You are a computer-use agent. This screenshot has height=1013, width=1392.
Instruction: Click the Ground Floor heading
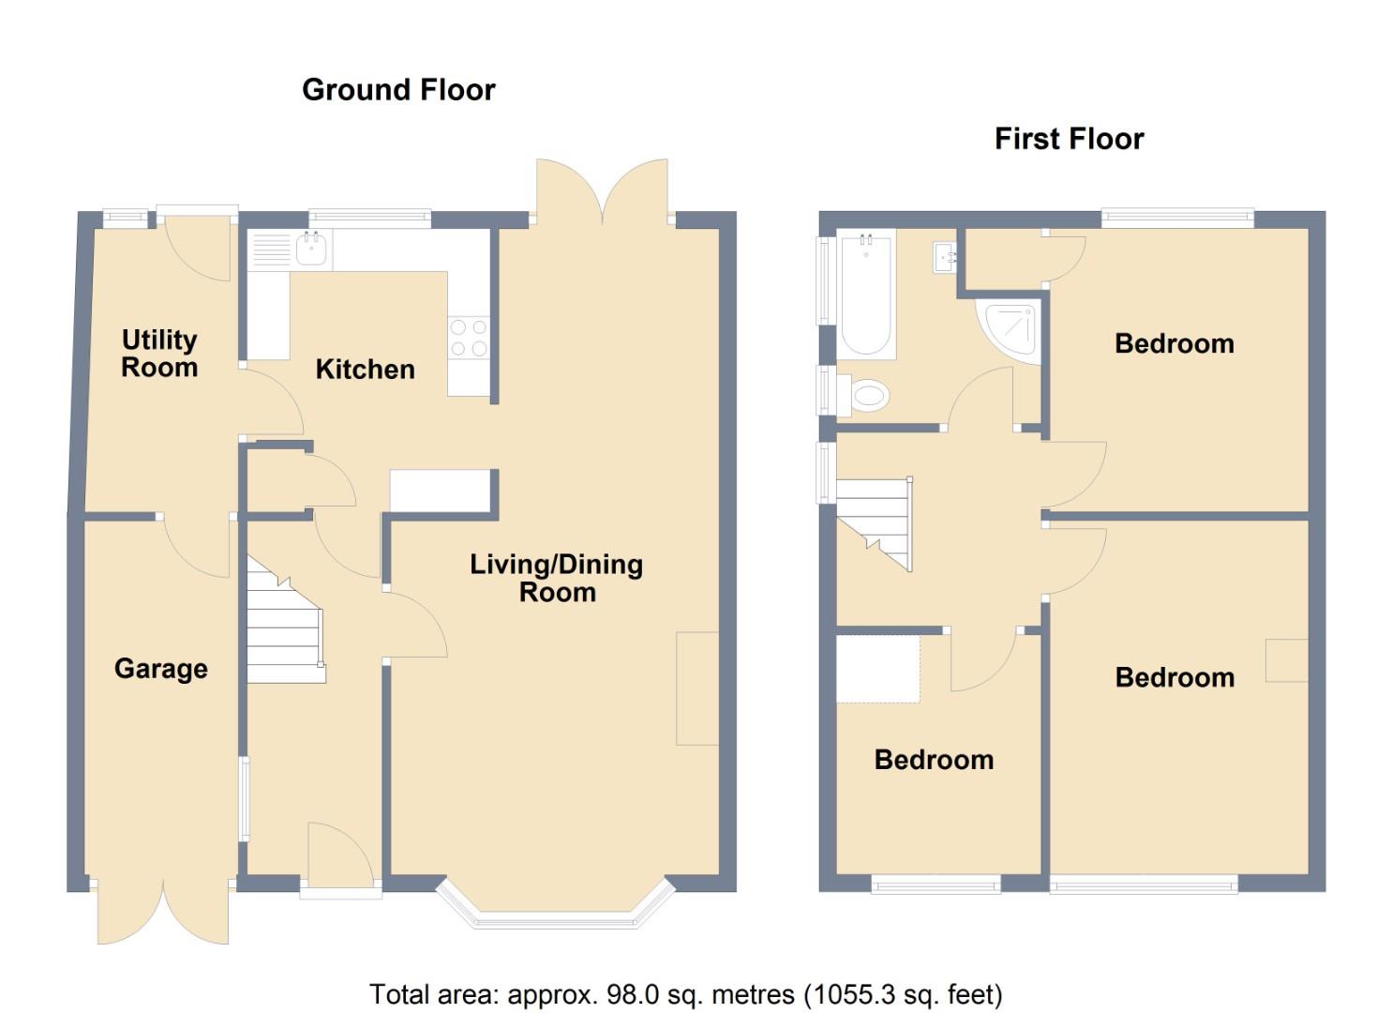click(398, 90)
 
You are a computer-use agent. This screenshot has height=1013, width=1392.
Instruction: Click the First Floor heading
click(1069, 139)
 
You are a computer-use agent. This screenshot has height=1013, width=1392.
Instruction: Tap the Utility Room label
click(159, 354)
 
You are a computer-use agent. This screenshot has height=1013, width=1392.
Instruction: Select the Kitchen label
click(365, 370)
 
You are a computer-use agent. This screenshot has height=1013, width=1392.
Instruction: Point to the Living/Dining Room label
click(556, 578)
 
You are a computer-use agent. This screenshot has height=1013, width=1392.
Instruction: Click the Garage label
click(160, 669)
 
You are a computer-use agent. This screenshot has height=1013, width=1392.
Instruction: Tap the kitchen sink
click(310, 249)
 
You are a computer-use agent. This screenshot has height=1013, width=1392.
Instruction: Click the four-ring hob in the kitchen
click(469, 338)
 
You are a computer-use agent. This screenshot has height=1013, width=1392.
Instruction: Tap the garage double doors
click(162, 915)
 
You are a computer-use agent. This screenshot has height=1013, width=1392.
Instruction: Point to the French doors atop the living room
click(603, 192)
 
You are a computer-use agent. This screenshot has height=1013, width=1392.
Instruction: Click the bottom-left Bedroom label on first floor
click(934, 760)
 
